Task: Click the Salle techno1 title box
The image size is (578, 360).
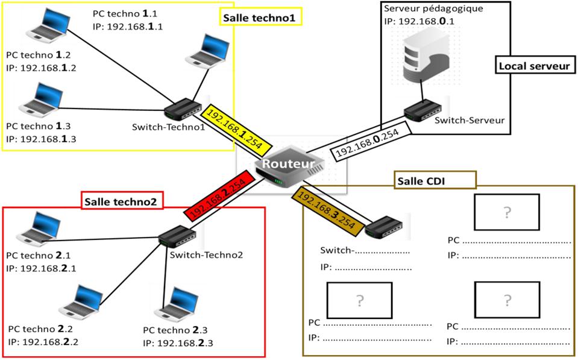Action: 259,18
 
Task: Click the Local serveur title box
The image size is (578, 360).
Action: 533,66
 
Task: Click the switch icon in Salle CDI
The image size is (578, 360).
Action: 383,228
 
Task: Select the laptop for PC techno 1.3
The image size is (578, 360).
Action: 42,100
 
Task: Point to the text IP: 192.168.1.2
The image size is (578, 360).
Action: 41,68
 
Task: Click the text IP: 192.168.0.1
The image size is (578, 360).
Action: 422,21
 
